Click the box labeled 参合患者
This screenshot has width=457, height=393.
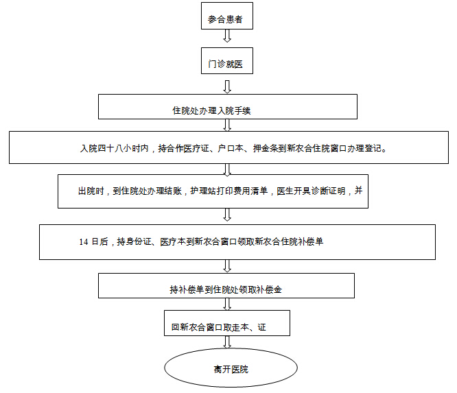[227, 16]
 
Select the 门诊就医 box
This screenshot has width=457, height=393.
[227, 60]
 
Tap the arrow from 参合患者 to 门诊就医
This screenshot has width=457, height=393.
[227, 36]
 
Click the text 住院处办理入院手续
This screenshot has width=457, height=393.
[211, 110]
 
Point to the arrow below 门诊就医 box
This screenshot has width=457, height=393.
[227, 86]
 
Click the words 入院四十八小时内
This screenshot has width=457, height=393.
[114, 148]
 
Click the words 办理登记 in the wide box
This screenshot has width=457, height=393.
[364, 148]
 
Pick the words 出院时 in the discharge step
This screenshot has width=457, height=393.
[91, 191]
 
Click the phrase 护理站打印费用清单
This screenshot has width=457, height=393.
[228, 191]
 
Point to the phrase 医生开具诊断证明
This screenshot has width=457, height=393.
[311, 191]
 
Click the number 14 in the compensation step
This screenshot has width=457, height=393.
[84, 242]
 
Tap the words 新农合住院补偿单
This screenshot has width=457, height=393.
[289, 241]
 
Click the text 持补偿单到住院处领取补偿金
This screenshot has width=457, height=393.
[226, 289]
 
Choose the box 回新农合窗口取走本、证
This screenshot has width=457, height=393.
[227, 323]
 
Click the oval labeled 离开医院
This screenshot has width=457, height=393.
[231, 368]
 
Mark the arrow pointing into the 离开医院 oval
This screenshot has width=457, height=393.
[227, 342]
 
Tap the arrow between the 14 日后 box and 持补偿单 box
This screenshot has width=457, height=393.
[227, 266]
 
